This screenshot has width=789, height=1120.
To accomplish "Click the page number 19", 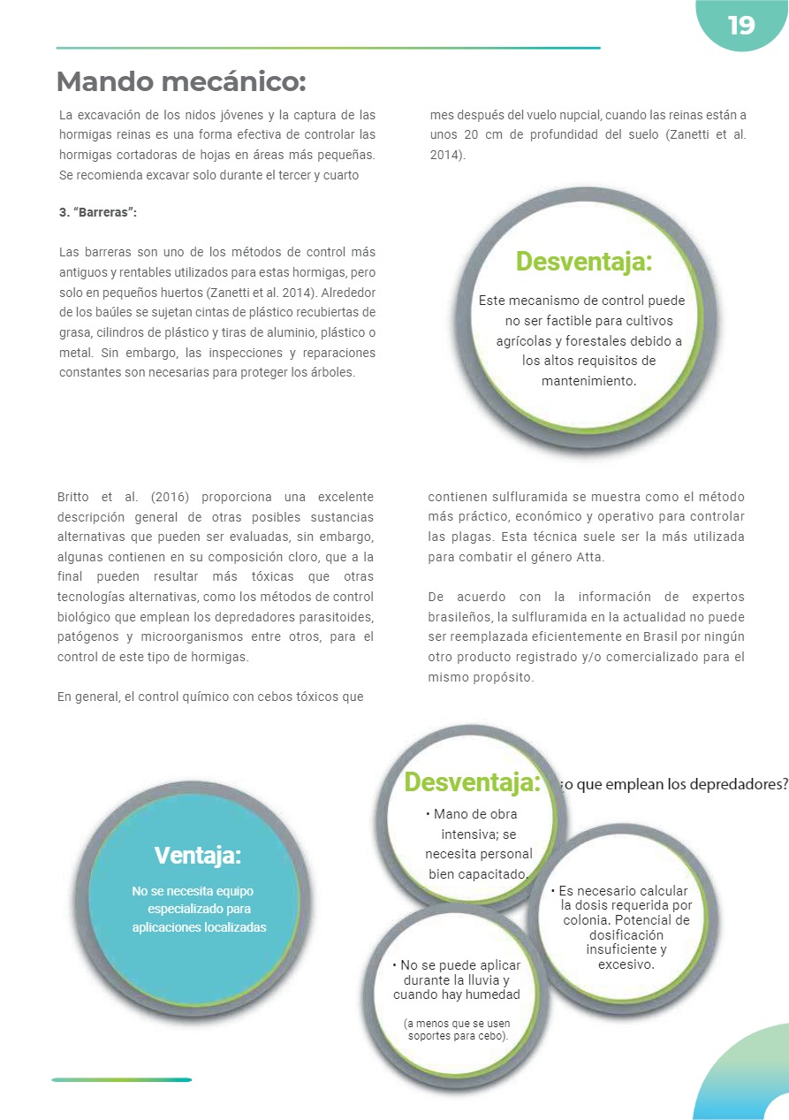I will click(x=741, y=26).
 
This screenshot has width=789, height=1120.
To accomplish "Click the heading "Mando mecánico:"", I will click(x=181, y=82).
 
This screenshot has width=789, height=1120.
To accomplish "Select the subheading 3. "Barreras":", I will click(x=98, y=214).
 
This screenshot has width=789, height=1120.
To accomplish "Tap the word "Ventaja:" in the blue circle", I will click(x=198, y=856).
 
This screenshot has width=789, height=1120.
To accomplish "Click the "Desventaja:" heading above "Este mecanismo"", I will click(x=584, y=262).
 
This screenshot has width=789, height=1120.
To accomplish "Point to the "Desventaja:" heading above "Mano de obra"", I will click(x=472, y=782).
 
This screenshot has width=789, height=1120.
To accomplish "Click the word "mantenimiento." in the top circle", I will click(x=588, y=380).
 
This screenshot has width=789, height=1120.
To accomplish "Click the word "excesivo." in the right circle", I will click(x=626, y=964).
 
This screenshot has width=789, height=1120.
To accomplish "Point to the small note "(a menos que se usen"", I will click(x=457, y=1024).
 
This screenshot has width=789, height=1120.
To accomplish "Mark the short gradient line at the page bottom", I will click(x=121, y=1079).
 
